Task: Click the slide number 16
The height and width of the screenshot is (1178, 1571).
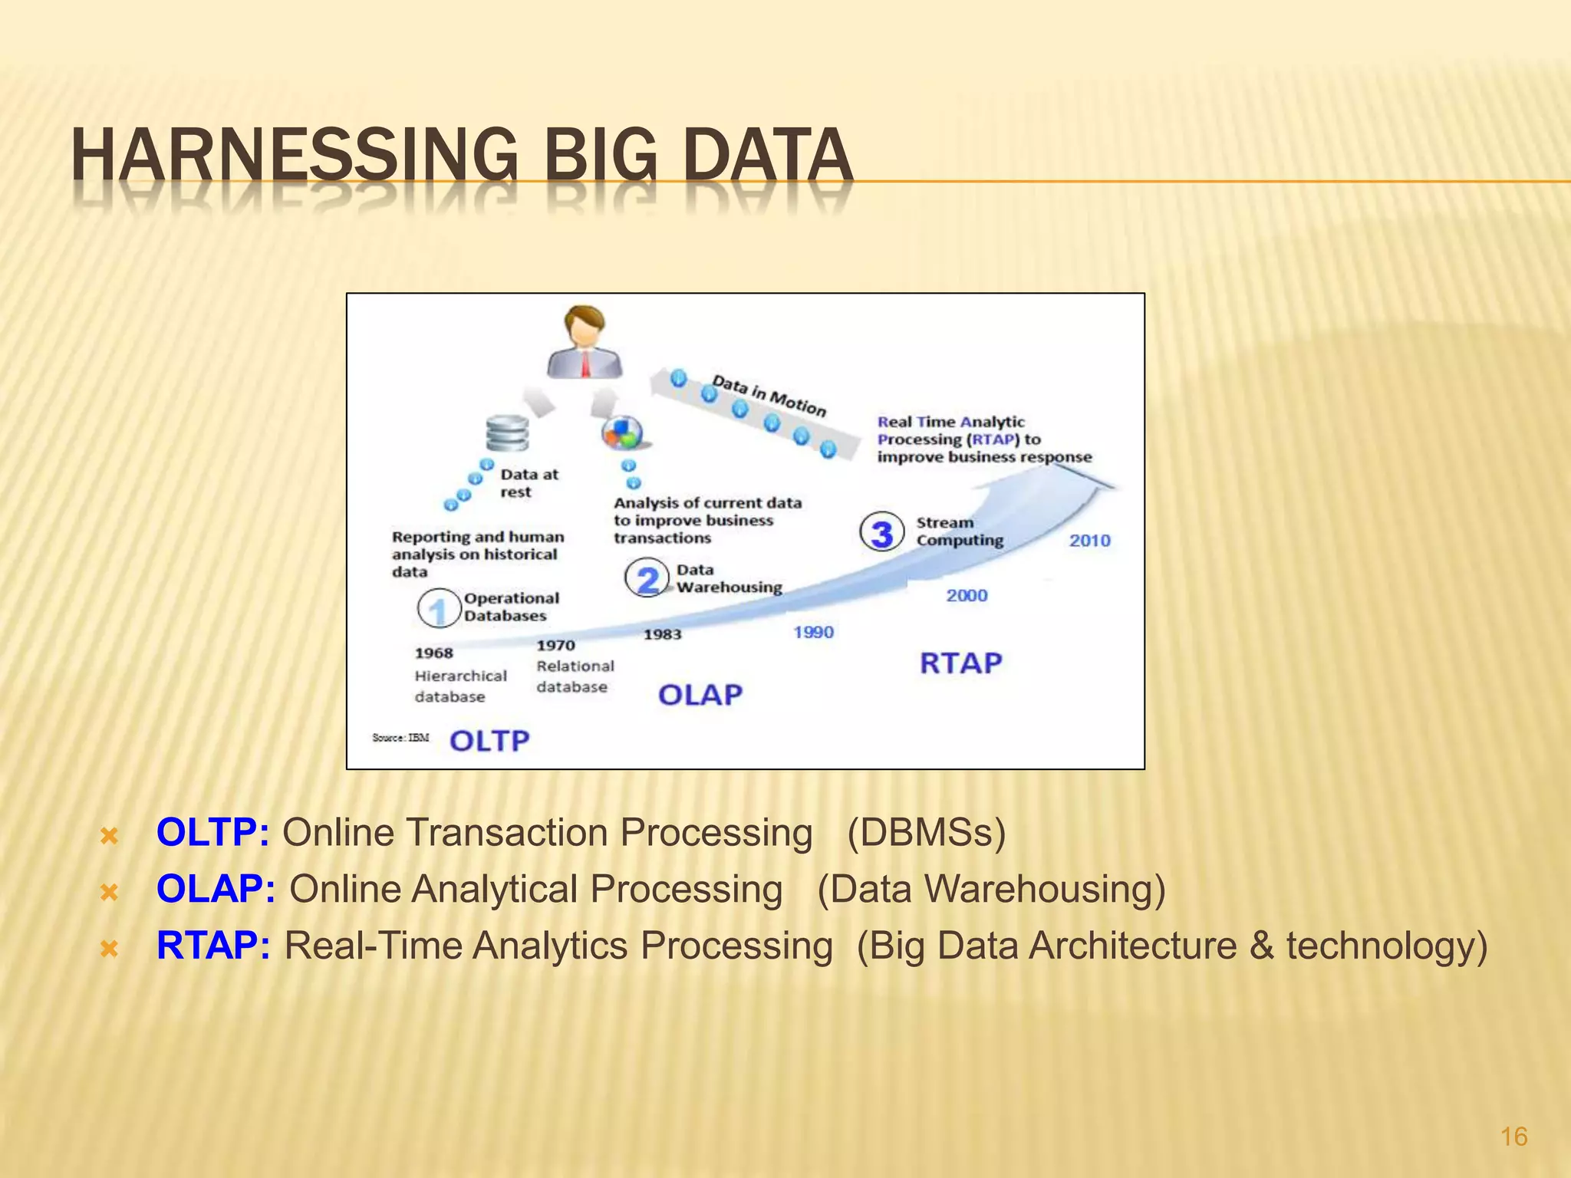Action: pyautogui.click(x=1513, y=1137)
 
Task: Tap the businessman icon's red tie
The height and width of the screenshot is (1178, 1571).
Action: pyautogui.click(x=585, y=364)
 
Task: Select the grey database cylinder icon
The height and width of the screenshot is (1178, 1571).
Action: pyautogui.click(x=507, y=433)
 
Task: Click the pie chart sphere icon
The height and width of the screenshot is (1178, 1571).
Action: pyautogui.click(x=621, y=433)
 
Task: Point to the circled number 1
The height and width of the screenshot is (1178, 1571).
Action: pyautogui.click(x=438, y=609)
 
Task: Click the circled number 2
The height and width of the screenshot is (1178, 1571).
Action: pyautogui.click(x=647, y=579)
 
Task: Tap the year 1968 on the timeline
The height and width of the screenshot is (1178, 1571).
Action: pyautogui.click(x=433, y=653)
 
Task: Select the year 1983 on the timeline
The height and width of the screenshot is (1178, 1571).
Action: pyautogui.click(x=662, y=634)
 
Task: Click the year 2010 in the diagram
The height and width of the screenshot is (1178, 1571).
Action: pyautogui.click(x=1089, y=541)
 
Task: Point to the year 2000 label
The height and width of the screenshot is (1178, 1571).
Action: pyautogui.click(x=967, y=595)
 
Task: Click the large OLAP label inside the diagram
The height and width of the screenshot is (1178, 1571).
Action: pyautogui.click(x=700, y=695)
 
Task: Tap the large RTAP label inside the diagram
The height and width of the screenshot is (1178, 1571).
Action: pyautogui.click(x=960, y=663)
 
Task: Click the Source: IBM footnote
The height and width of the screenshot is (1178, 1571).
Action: pyautogui.click(x=400, y=738)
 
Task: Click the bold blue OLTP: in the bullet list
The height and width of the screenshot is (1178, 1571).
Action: pyautogui.click(x=212, y=833)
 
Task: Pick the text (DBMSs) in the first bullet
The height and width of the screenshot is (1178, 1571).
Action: pyautogui.click(x=926, y=833)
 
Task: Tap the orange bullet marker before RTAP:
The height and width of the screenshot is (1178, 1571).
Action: pyautogui.click(x=110, y=949)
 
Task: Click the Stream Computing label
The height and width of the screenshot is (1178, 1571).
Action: pyautogui.click(x=959, y=531)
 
